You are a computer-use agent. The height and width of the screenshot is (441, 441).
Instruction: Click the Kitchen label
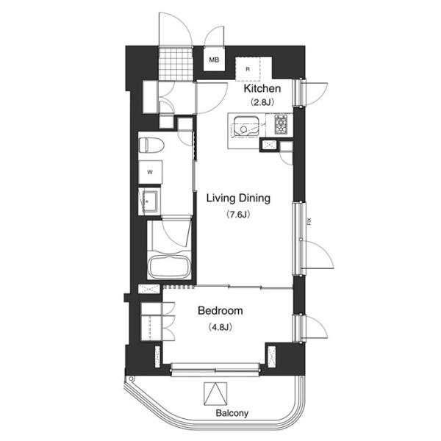coord(262,88)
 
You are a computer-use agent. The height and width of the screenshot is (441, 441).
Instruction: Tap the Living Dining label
coord(238,198)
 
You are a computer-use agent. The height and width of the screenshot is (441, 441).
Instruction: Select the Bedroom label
coord(220,311)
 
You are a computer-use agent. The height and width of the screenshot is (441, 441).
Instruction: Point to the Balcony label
coord(232,413)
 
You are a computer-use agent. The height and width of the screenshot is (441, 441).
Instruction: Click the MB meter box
coord(214,60)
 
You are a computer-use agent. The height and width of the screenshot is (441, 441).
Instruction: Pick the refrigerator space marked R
coord(248,69)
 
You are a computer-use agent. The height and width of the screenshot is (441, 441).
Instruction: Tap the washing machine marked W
coord(150,172)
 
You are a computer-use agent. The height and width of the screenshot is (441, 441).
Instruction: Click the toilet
coord(151,145)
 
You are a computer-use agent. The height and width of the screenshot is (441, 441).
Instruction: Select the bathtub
coord(170,268)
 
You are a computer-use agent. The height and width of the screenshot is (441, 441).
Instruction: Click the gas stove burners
coord(281,124)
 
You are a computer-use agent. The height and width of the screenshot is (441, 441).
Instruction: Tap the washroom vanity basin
coord(150,201)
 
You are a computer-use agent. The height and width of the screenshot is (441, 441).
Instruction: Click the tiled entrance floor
coord(176,64)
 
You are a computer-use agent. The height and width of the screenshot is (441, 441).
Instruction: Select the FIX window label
coord(310,222)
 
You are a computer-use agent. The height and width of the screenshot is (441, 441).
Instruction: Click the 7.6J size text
coord(238,215)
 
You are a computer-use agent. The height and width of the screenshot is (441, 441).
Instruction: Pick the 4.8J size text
coord(220,327)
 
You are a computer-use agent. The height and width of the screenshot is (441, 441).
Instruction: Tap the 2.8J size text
coord(262,102)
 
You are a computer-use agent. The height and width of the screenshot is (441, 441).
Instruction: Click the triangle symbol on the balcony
coord(215,393)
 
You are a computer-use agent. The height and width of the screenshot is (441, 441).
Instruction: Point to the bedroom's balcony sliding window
coord(215,369)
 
